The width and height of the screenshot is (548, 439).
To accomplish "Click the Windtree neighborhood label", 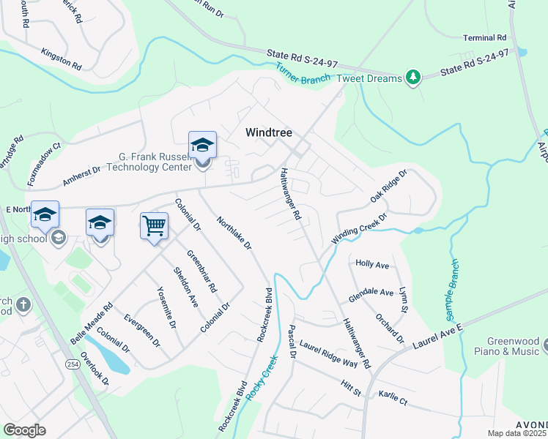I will click(x=268, y=132).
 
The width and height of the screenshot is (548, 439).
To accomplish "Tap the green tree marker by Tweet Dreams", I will click(x=413, y=78).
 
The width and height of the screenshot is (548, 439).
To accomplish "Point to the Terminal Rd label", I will click(x=484, y=37).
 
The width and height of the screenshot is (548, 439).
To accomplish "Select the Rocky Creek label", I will click(x=263, y=378).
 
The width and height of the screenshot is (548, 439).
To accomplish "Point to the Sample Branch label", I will click(x=453, y=290).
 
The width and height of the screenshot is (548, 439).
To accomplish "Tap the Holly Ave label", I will click(x=372, y=263).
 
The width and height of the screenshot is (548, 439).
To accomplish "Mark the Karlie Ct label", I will click(x=393, y=397).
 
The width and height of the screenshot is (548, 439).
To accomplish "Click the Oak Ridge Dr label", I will click(x=388, y=187).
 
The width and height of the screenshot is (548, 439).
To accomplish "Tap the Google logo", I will click(x=24, y=430).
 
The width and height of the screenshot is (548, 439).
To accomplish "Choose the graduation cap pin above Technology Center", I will click(x=202, y=145).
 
